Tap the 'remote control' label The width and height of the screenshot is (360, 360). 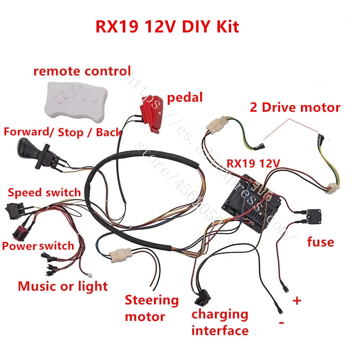[82, 71]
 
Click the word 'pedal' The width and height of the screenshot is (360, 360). [185, 97]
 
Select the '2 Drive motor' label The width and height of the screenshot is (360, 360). [295, 107]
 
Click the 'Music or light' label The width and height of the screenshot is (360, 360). [63, 286]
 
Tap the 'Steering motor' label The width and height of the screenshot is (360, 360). [152, 308]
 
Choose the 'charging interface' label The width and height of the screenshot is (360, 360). [220, 322]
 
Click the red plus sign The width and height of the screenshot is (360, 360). [297, 301]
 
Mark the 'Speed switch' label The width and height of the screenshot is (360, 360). [44, 192]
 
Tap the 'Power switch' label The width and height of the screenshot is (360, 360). [38, 246]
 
